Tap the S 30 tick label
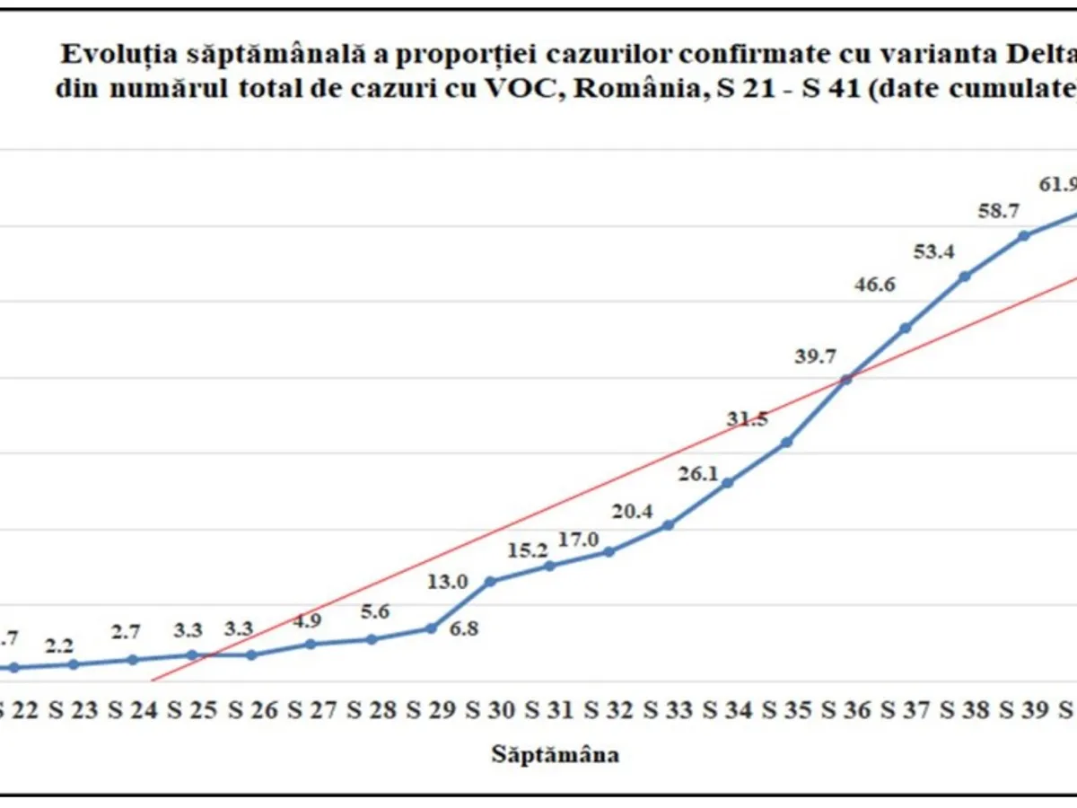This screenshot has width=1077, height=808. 489,711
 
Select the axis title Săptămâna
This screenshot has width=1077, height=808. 555,753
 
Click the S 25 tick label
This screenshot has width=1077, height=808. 192,711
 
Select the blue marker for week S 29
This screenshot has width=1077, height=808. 431,628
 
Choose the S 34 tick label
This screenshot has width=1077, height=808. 727,711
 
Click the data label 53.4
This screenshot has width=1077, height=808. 934,252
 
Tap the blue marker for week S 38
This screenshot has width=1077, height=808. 965,277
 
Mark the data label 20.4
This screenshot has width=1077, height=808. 633,512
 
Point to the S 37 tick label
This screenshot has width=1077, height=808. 906,711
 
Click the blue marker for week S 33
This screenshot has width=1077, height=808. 668,524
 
